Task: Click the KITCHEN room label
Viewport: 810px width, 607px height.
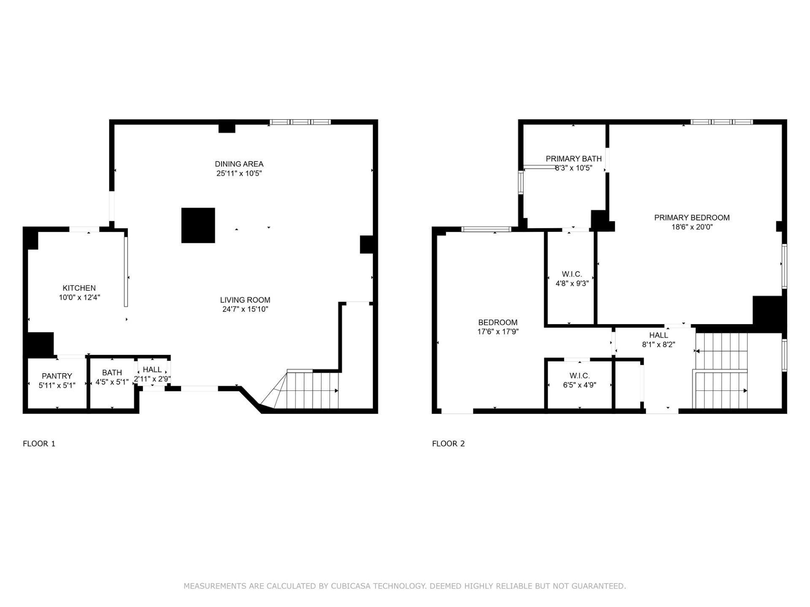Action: [x=79, y=288]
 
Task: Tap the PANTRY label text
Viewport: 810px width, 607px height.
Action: [x=57, y=376]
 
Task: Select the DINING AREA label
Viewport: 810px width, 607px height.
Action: [x=239, y=164]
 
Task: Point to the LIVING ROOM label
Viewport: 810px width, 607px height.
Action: [x=245, y=300]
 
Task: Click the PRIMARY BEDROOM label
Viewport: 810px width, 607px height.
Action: [x=692, y=218]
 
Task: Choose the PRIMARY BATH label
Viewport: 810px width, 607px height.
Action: [x=574, y=159]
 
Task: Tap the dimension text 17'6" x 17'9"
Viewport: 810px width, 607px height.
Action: [x=498, y=332]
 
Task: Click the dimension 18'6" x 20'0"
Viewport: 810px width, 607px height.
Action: [x=692, y=227]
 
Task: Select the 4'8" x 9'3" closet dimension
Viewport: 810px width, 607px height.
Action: [x=572, y=284]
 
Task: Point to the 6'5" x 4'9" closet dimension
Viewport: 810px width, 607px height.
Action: [x=580, y=385]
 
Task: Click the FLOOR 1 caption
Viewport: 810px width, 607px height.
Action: [x=39, y=443]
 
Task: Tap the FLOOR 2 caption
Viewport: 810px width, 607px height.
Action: [x=448, y=443]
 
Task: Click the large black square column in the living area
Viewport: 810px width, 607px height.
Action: [x=198, y=226]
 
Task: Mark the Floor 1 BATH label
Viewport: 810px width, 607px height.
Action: [x=112, y=373]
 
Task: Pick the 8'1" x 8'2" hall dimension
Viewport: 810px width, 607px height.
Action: [x=659, y=344]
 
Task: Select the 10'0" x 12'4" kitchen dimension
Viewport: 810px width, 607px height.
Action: [x=79, y=297]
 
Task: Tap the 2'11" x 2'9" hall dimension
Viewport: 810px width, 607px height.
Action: [x=152, y=379]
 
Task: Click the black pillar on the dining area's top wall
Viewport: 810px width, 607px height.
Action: [x=227, y=127]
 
